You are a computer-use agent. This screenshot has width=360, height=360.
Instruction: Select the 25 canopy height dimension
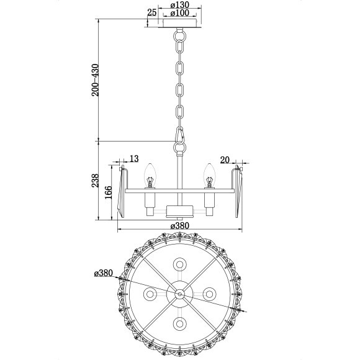[152, 12]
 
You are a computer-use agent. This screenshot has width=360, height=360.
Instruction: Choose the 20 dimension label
[225, 160]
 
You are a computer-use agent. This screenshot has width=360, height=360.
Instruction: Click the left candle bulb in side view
[149, 172]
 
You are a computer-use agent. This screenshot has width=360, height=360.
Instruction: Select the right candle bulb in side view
[209, 172]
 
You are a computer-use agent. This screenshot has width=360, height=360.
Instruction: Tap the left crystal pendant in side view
[122, 191]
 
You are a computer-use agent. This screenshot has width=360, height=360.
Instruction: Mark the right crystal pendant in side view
[238, 191]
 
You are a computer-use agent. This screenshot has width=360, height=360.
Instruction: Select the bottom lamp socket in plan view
[180, 323]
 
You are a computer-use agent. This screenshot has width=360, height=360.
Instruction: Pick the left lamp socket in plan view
[150, 293]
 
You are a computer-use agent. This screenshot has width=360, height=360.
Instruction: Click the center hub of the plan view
[180, 293]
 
